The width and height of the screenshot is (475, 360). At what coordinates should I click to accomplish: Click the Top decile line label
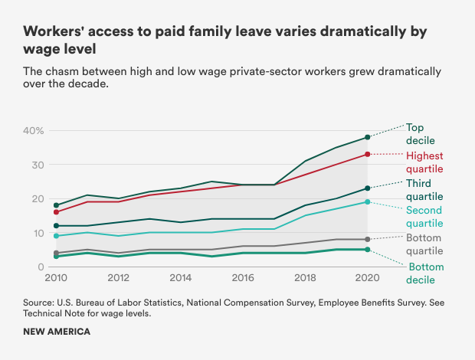point(420,134)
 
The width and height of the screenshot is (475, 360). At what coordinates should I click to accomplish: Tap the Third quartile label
point(424,189)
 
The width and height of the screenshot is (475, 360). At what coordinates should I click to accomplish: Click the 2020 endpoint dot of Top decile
point(367,137)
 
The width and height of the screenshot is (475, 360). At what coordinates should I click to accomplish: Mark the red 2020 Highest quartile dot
point(367,155)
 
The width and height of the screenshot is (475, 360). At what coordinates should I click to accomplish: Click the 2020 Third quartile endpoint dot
point(367,188)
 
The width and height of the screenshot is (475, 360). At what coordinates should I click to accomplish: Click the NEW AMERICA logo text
point(57,332)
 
